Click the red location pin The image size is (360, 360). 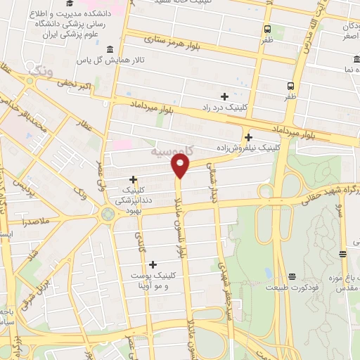pos(181,165)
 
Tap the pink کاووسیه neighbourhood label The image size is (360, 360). pos(173,151)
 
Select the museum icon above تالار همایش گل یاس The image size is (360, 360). pos(109,49)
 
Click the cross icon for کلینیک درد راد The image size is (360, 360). pos(224,96)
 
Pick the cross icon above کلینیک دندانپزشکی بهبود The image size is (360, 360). pos(132,179)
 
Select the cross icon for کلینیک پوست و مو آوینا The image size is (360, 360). pos(153,264)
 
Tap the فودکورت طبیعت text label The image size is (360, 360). pos(288,288)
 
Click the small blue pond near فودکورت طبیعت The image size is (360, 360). pos(269,272)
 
